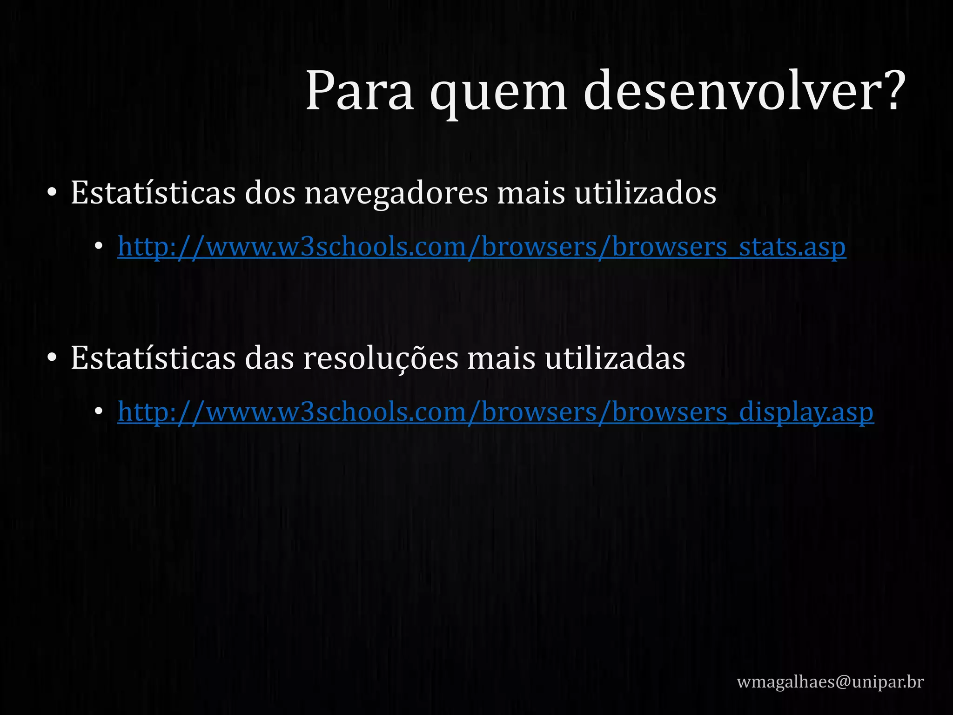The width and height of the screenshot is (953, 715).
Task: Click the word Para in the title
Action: coord(359,91)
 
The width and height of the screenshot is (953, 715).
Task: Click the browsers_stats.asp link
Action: coord(482,247)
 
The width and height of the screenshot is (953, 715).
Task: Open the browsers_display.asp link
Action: coord(496,412)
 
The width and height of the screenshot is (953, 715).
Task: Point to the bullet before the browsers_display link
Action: coord(98,411)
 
